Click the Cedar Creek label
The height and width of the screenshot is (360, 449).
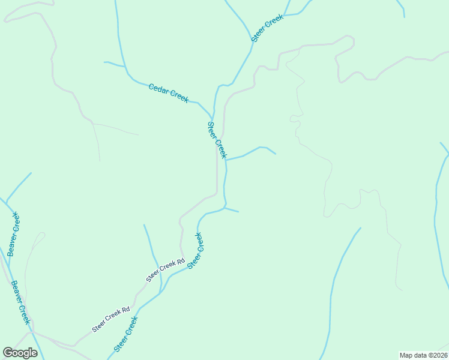click(x=169, y=93)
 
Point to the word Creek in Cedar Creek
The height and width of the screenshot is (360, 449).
click(x=179, y=97)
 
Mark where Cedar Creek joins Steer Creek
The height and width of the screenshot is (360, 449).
click(x=213, y=116)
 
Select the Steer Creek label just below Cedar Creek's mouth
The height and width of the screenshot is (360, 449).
click(x=217, y=140)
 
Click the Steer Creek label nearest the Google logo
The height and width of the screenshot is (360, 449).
click(x=126, y=334)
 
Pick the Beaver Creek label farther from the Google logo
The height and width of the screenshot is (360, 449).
click(x=13, y=235)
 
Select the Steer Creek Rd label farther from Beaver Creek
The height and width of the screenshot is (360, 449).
click(x=165, y=270)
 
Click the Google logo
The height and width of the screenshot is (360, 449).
click(x=20, y=353)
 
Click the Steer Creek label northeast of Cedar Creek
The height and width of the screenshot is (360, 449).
click(x=267, y=28)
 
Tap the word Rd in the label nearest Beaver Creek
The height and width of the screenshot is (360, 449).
click(x=126, y=311)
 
